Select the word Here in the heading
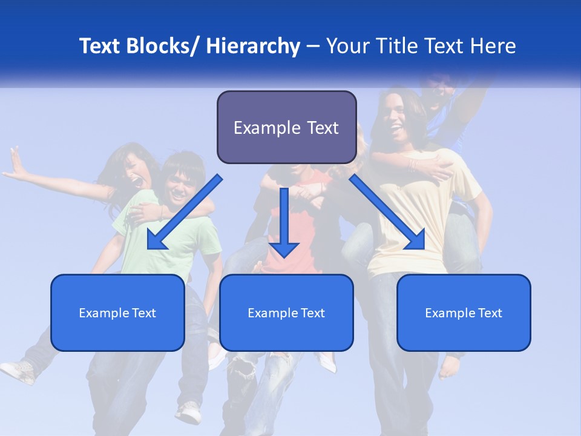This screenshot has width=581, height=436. (494, 46)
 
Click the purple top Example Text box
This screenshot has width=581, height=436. (286, 128)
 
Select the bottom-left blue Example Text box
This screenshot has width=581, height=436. (117, 313)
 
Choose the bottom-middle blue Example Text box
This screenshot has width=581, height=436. (286, 313)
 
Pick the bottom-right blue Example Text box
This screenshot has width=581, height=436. (464, 313)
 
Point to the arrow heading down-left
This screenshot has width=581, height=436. (185, 212)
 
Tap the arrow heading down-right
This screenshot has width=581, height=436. (387, 212)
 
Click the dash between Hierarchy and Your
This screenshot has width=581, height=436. (313, 47)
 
